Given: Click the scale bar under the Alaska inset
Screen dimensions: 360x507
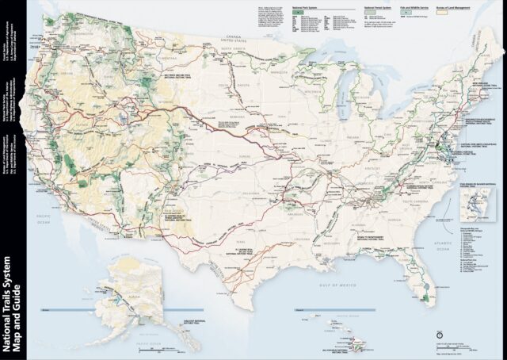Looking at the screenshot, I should [154, 347].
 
